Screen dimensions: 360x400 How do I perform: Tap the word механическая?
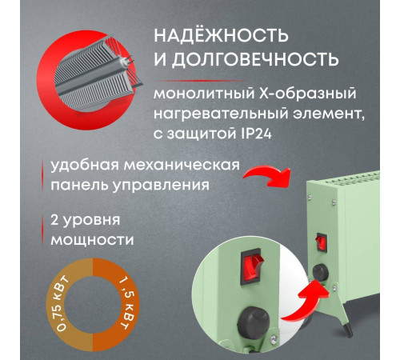[186, 166]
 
